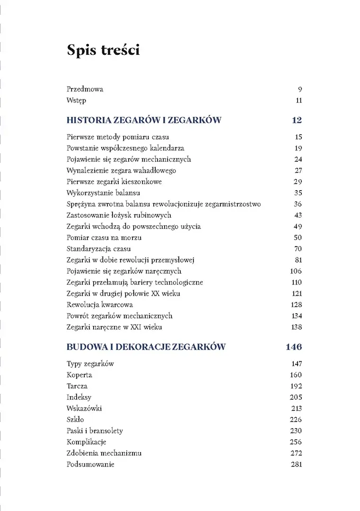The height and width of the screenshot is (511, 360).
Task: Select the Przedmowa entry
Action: [x=85, y=89]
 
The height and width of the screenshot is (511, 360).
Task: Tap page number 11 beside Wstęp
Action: [x=299, y=100]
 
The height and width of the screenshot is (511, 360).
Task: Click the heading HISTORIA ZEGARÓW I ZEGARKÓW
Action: [x=144, y=120]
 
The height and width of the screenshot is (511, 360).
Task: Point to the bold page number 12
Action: [x=297, y=120]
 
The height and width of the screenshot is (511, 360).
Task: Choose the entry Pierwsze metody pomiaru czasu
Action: [x=118, y=137]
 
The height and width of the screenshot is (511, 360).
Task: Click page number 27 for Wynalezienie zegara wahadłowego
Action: [x=298, y=171]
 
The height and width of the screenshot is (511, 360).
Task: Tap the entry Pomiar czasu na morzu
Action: [x=104, y=238]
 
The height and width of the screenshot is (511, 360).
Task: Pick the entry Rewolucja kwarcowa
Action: [x=100, y=305]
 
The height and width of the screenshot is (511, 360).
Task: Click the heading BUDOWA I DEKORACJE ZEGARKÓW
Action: [x=146, y=347]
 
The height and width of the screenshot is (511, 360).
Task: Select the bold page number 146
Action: [x=294, y=347]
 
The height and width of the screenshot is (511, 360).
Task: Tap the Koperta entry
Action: [x=79, y=375]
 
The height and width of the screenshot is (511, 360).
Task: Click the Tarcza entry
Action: [x=77, y=386]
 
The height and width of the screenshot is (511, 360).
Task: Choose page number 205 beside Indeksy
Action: [x=296, y=397]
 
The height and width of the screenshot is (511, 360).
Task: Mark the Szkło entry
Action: [x=76, y=420]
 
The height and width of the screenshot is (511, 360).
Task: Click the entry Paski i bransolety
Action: [x=95, y=431]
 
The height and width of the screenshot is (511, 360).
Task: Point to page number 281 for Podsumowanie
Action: [x=296, y=465]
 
